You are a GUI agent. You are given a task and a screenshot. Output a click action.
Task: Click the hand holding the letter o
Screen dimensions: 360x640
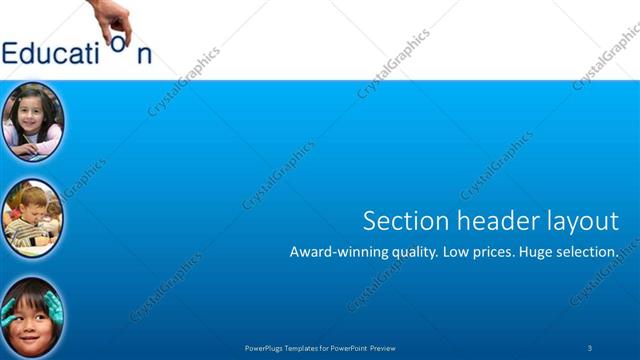pos(114,16)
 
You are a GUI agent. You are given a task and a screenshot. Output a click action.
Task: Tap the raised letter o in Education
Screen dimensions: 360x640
pos(119,43)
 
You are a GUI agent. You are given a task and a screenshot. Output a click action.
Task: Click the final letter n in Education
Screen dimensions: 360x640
pos(145,54)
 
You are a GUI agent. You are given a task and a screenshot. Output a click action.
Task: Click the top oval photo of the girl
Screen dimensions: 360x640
pos(33,121)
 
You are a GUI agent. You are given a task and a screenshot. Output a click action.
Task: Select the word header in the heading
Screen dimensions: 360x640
pos(484,220)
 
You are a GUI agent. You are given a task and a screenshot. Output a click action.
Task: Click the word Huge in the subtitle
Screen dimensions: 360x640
pos(533,253)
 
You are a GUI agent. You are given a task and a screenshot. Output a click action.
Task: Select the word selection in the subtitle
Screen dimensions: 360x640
pos(588,252)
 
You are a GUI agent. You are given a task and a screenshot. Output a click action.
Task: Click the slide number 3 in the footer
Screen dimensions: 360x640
pos(590,347)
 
